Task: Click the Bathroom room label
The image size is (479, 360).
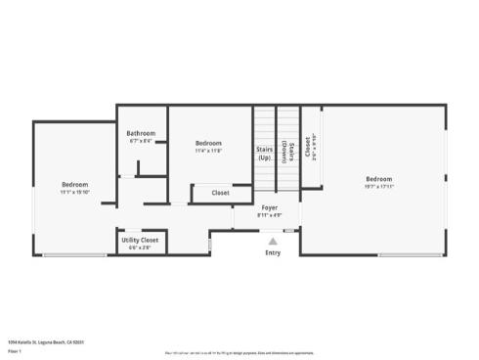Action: coord(141,133)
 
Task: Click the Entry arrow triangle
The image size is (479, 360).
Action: coord(273,241)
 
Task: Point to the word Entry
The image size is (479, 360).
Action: coord(273,252)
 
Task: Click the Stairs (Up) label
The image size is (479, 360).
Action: coord(264,154)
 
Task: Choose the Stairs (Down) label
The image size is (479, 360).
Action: coord(288,153)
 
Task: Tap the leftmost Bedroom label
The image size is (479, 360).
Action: coord(75,185)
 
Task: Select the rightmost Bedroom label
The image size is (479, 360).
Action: coord(379,179)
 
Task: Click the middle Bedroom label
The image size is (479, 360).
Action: coord(208,143)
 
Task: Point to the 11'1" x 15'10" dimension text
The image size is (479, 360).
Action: coord(75,192)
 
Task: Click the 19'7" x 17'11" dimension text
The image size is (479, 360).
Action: coord(379,186)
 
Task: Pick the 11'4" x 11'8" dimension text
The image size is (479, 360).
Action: coord(208,150)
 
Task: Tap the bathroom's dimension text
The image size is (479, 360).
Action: coord(141,140)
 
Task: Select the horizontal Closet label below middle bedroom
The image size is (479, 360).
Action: coord(221,193)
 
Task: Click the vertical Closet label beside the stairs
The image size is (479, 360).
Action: coord(308,147)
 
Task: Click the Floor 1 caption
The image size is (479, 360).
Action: coord(15,349)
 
